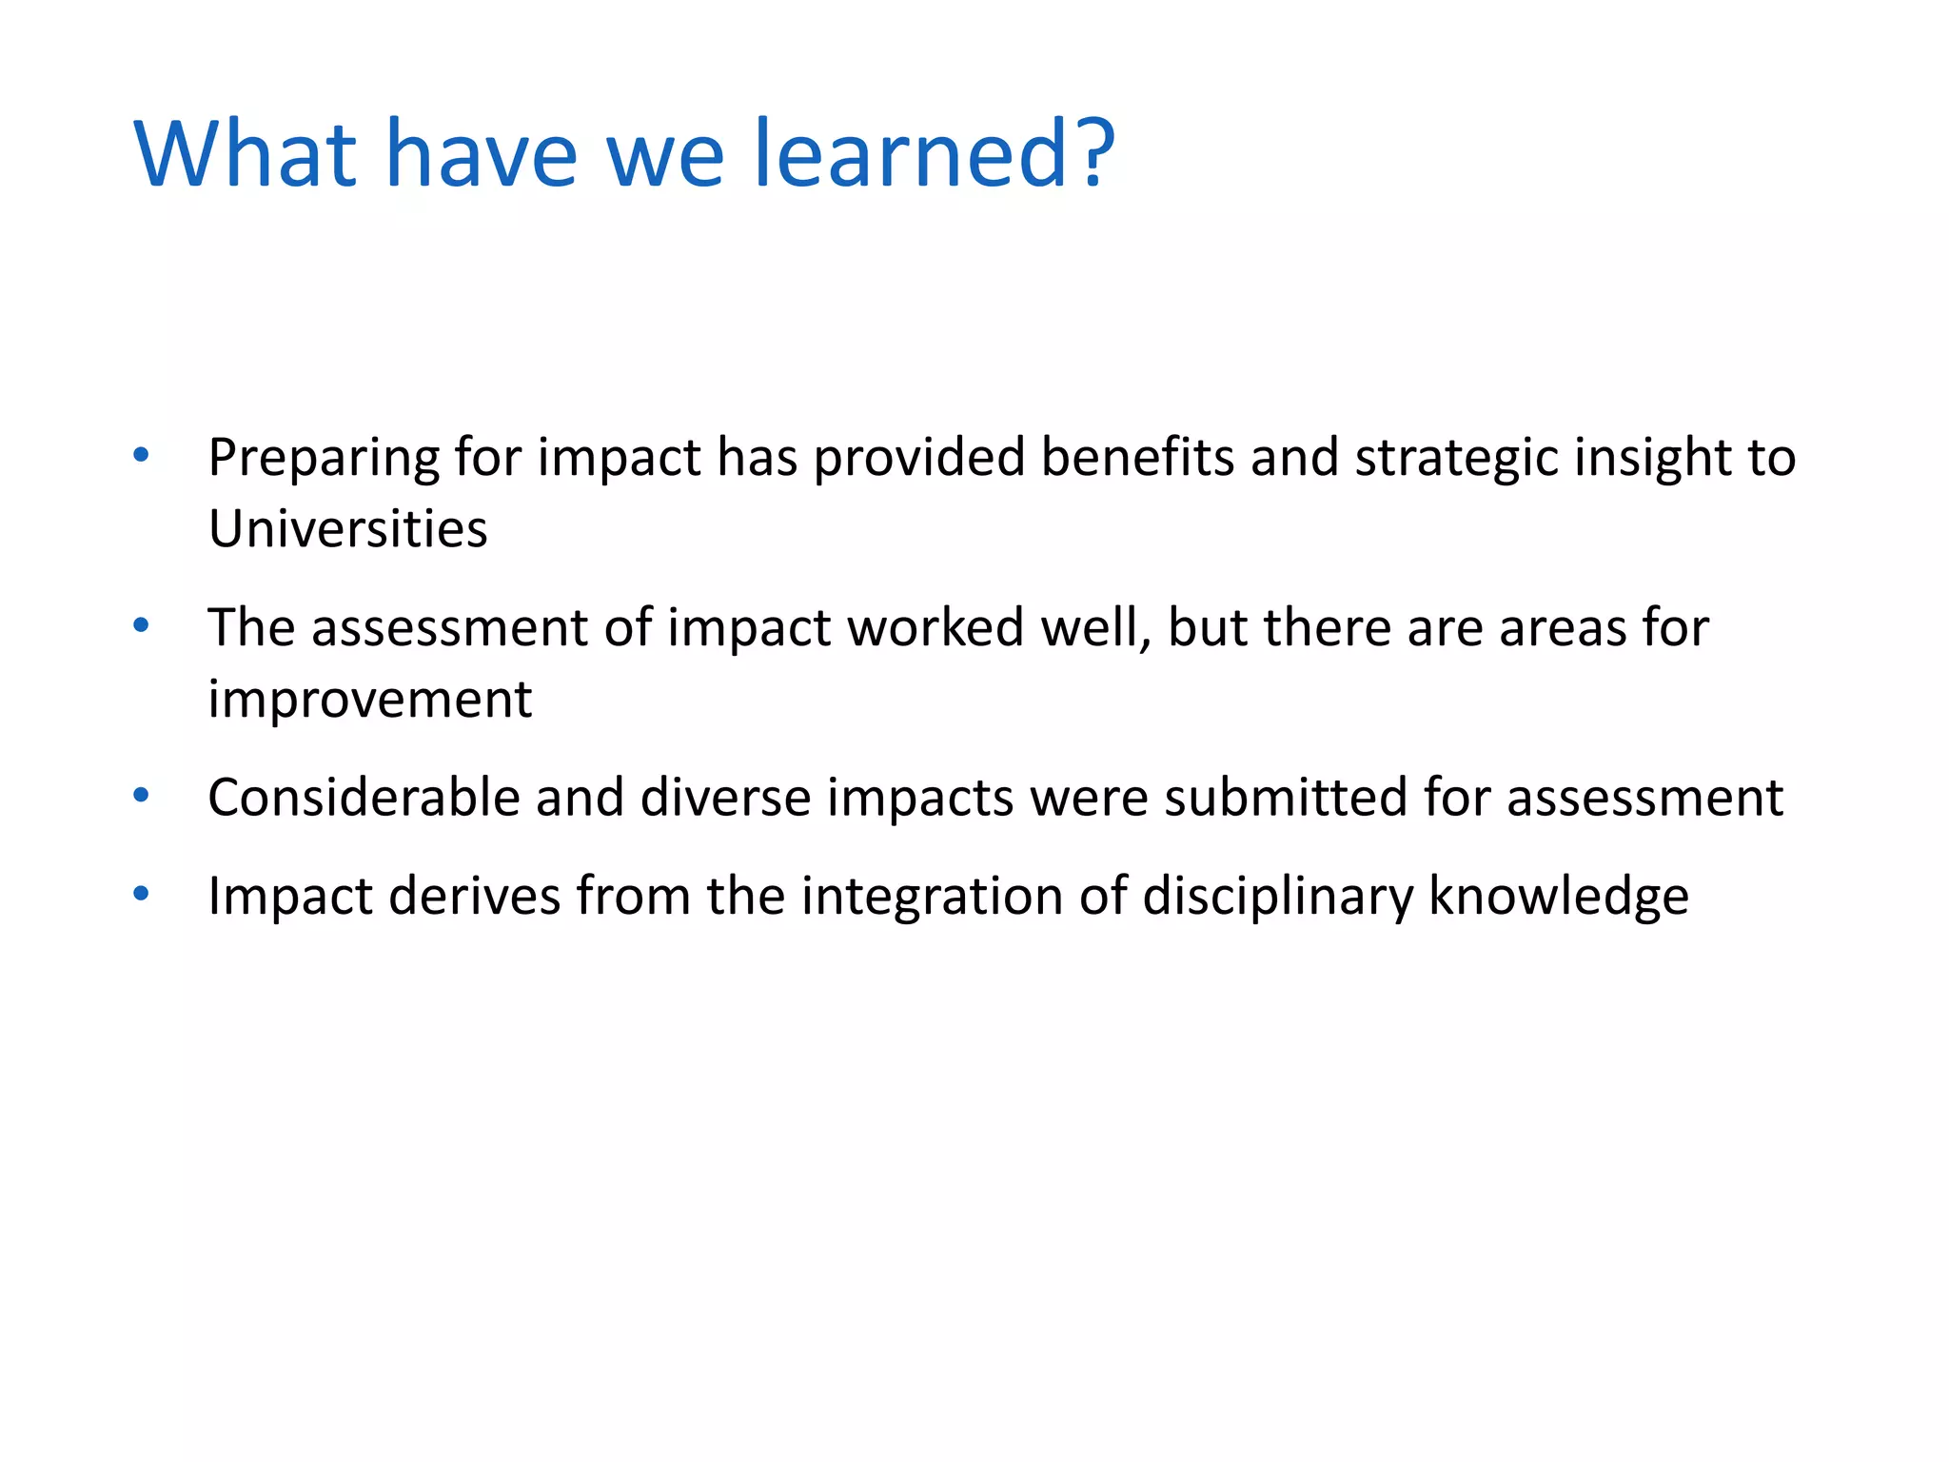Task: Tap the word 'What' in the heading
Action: (x=246, y=154)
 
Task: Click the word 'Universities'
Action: (x=347, y=529)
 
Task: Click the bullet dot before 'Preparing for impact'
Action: (x=142, y=455)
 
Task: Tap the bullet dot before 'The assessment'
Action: (x=142, y=625)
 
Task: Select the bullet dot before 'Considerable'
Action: (x=142, y=795)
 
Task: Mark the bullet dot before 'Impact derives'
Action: (x=142, y=894)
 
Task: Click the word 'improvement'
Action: (x=369, y=701)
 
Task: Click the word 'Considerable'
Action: (x=364, y=798)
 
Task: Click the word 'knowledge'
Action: (x=1558, y=898)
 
